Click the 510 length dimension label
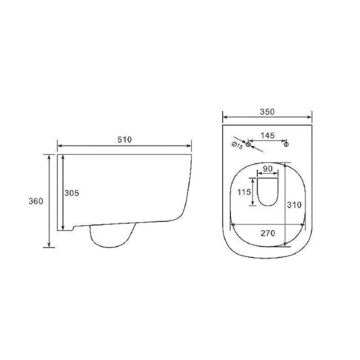[125, 140]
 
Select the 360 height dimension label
[36, 201]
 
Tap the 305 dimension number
[72, 193]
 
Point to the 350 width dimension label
[267, 112]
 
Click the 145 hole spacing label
[267, 135]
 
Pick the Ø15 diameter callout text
[237, 145]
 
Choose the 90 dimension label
[268, 169]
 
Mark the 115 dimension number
[244, 192]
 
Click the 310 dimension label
[294, 205]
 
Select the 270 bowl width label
[268, 233]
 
